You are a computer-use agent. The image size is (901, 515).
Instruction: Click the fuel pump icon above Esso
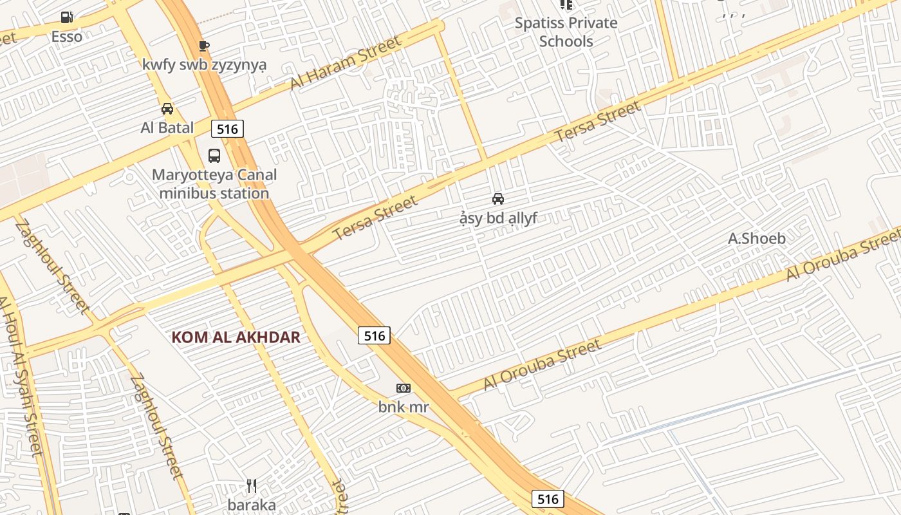[x=67, y=17]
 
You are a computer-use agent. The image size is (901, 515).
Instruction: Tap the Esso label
[x=67, y=36]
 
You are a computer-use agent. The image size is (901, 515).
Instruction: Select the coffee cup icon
[x=203, y=45]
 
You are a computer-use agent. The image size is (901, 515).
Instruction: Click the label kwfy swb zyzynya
[x=205, y=65]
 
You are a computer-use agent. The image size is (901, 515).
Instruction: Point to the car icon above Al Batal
[x=167, y=108]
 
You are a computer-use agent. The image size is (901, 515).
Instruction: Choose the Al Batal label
[x=167, y=127]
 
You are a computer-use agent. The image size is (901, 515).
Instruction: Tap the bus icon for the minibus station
[x=214, y=155]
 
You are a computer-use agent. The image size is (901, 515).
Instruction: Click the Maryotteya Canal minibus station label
[x=214, y=183]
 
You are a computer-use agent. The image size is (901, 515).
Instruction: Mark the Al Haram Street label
[x=345, y=62]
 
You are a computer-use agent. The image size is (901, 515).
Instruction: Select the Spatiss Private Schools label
[x=566, y=32]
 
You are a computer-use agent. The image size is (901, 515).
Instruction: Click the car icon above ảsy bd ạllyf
[x=498, y=199]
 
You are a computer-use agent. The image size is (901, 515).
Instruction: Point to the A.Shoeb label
[x=757, y=239]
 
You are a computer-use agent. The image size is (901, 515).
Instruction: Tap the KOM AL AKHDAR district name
[x=236, y=337]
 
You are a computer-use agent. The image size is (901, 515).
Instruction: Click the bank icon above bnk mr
[x=404, y=388]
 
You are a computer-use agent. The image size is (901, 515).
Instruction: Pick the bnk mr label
[x=404, y=407]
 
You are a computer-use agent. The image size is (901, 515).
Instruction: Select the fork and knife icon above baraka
[x=252, y=486]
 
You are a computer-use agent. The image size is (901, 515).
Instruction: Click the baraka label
[x=252, y=505]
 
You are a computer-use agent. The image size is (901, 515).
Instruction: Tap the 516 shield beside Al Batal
[x=227, y=129]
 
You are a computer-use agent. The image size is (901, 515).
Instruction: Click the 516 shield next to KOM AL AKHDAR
[x=374, y=335]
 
